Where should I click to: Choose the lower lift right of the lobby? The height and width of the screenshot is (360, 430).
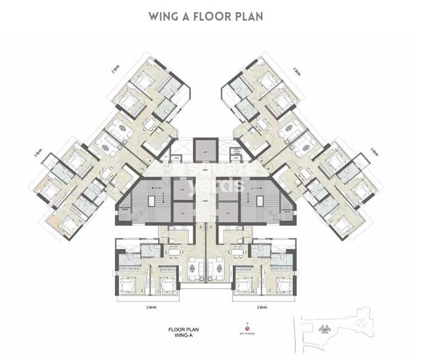[229, 214]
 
